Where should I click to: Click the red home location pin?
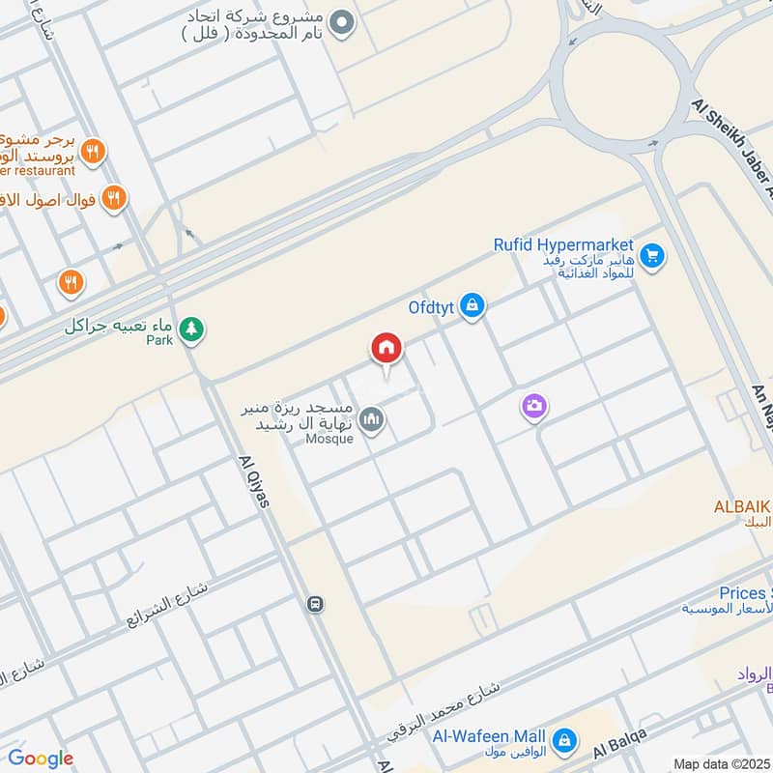click(x=386, y=349)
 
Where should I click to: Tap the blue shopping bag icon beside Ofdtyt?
click(x=472, y=306)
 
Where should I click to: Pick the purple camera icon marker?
click(x=533, y=408)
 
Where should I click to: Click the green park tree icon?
click(x=192, y=329)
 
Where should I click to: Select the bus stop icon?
click(x=315, y=604)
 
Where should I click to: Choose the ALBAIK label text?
click(x=742, y=506)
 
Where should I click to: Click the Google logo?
click(x=40, y=758)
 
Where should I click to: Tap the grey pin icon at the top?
click(x=339, y=22)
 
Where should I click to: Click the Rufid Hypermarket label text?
click(x=563, y=245)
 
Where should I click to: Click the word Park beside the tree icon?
click(x=158, y=341)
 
